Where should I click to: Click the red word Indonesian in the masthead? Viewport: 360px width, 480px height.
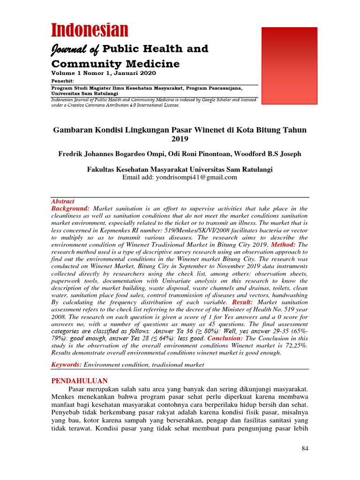coord(90,30)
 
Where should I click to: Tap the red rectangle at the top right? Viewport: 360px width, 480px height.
coord(289,66)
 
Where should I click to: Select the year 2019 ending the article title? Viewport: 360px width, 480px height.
coord(180,139)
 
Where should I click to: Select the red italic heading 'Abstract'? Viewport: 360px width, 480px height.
coord(62,201)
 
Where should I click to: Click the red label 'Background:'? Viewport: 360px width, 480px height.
coord(70,208)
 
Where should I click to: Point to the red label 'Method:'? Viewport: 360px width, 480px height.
coord(283,245)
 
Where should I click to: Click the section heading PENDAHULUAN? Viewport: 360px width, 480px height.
coord(79,381)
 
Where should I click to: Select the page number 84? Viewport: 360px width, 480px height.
coord(304,449)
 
